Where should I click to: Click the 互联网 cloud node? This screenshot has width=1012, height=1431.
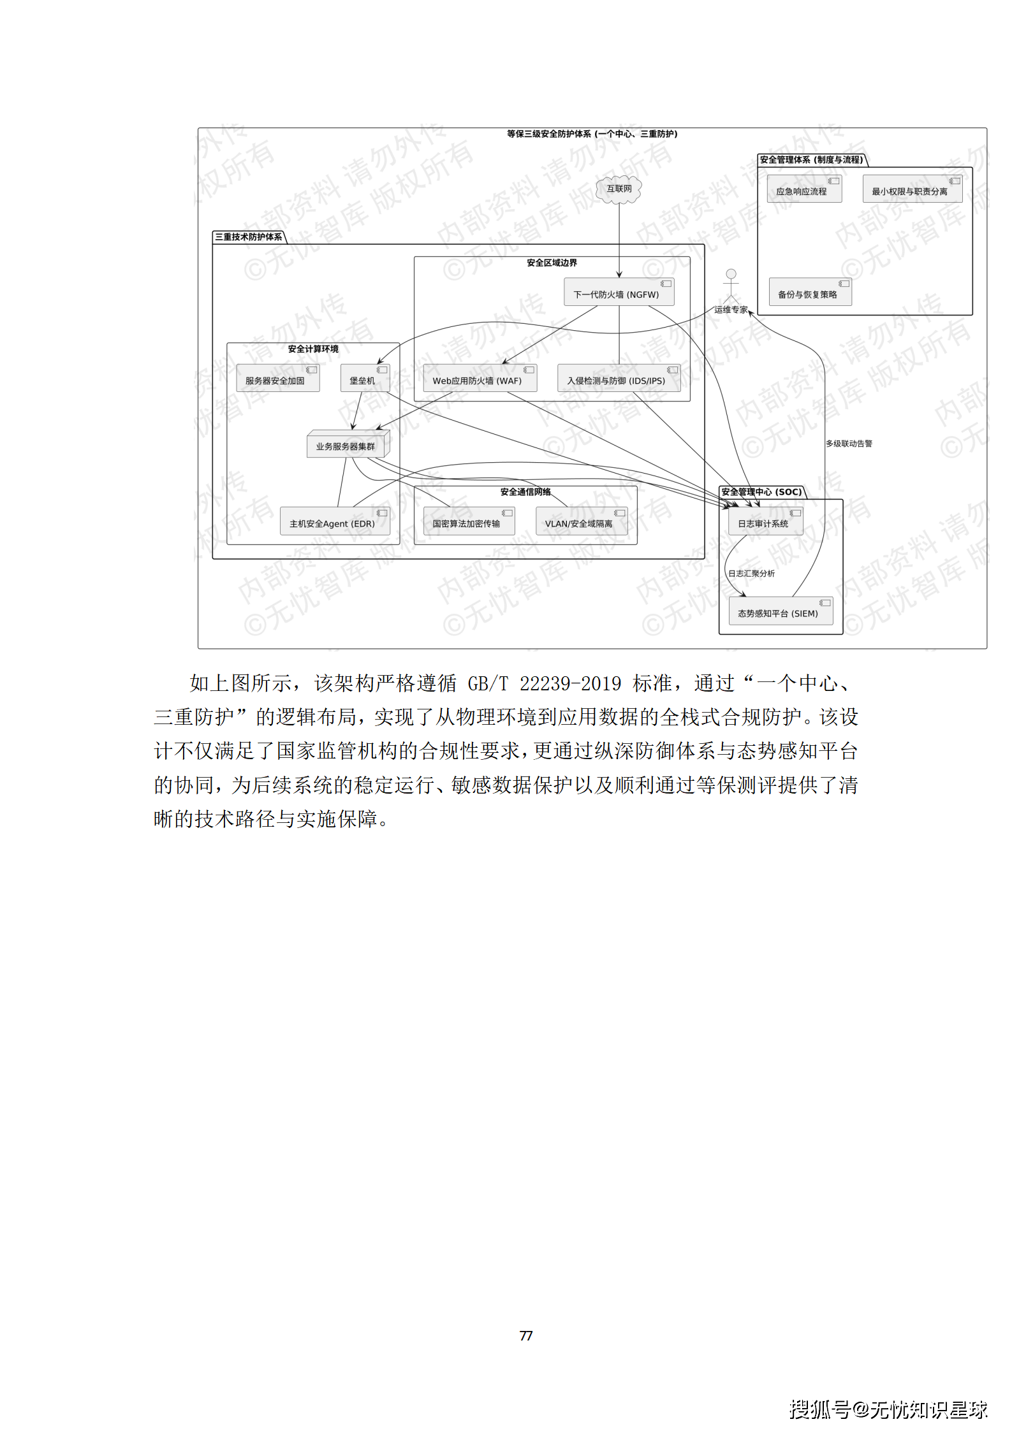point(619,189)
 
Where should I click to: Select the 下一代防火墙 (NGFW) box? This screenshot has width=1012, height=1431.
point(618,293)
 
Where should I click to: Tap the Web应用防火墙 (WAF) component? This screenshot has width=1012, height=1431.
point(479,379)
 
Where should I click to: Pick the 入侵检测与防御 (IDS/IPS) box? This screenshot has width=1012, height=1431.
point(618,379)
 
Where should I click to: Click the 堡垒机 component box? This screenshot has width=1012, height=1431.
point(364,379)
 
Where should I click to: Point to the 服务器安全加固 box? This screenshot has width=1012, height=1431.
point(277,379)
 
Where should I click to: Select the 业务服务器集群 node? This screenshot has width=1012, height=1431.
point(347,445)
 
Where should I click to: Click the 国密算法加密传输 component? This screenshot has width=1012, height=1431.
point(468,522)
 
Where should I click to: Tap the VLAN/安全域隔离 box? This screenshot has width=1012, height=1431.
point(580,522)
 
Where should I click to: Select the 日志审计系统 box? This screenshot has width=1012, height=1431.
point(765,522)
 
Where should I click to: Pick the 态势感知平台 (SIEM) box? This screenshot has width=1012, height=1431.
point(780,612)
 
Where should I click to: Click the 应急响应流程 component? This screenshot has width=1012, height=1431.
point(803,190)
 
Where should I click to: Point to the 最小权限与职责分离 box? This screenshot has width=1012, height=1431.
point(911,190)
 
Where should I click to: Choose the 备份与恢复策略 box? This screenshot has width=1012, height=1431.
point(809,293)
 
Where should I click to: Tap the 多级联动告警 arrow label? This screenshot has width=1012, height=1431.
point(849,444)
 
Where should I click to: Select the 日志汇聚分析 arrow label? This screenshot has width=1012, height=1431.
point(752,574)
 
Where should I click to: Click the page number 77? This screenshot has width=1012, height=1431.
point(526,1335)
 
